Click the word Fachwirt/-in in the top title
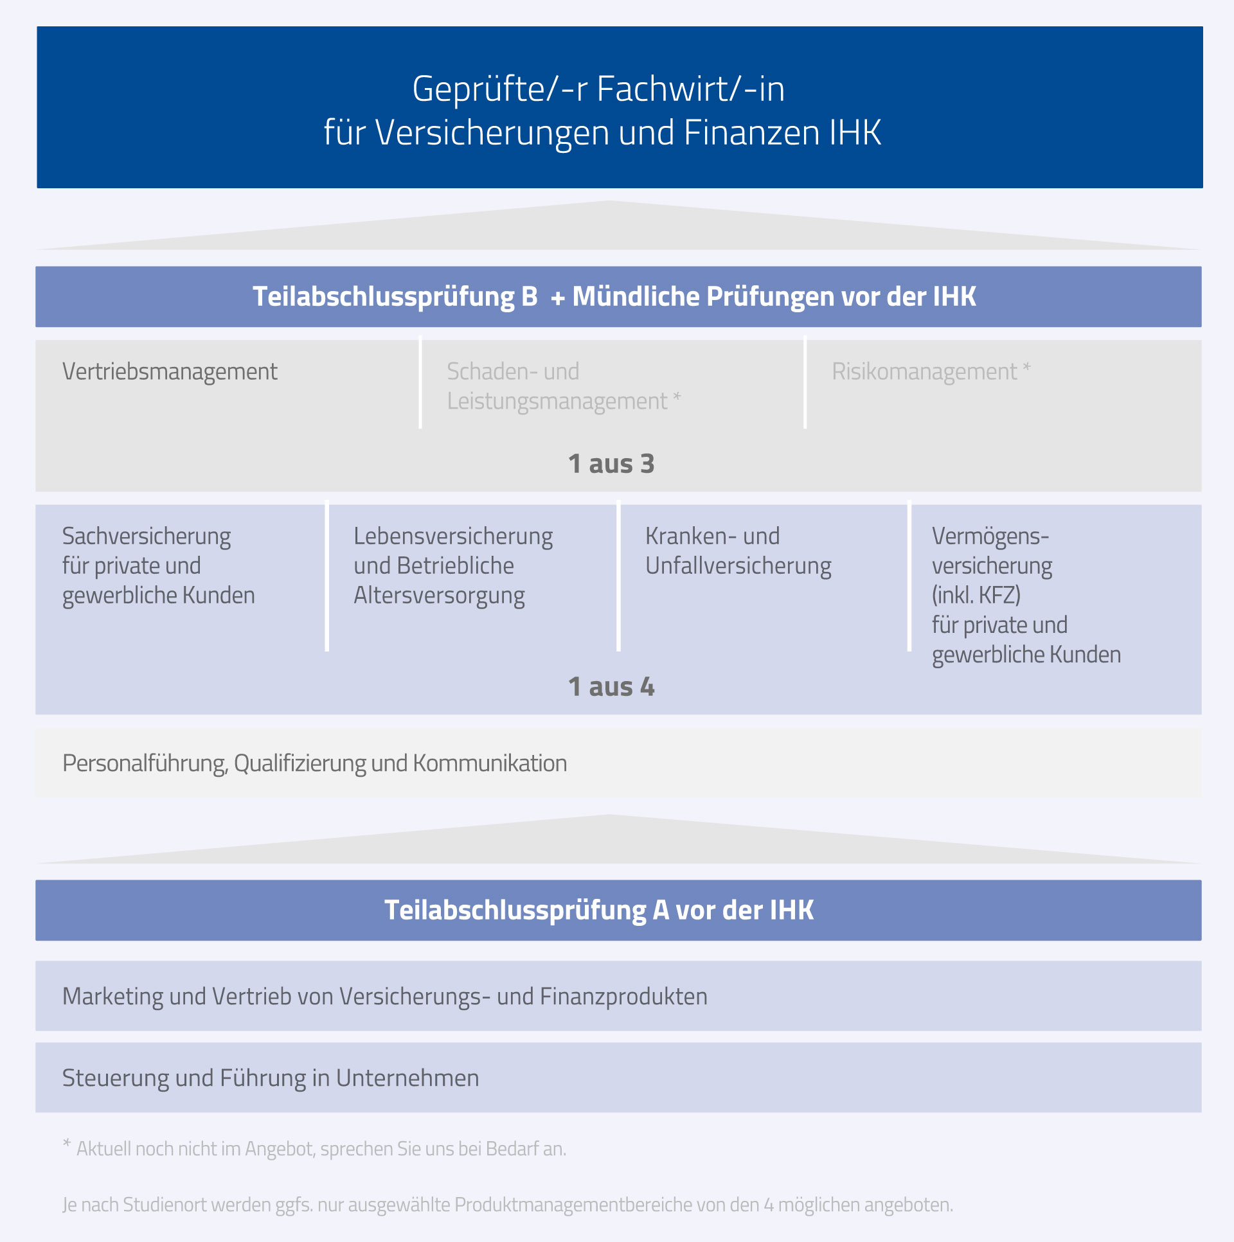coord(691,89)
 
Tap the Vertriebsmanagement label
coord(170,372)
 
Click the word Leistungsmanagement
coord(557,402)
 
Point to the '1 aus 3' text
coord(611,463)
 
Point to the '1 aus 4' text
coord(611,687)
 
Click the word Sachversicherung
coord(147,537)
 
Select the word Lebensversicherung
coord(453,537)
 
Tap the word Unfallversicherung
coord(738,566)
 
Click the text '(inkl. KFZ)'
coord(976,595)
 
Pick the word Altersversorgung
coord(439,596)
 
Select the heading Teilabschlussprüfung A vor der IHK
coord(599,911)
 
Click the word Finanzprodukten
coord(624,997)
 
